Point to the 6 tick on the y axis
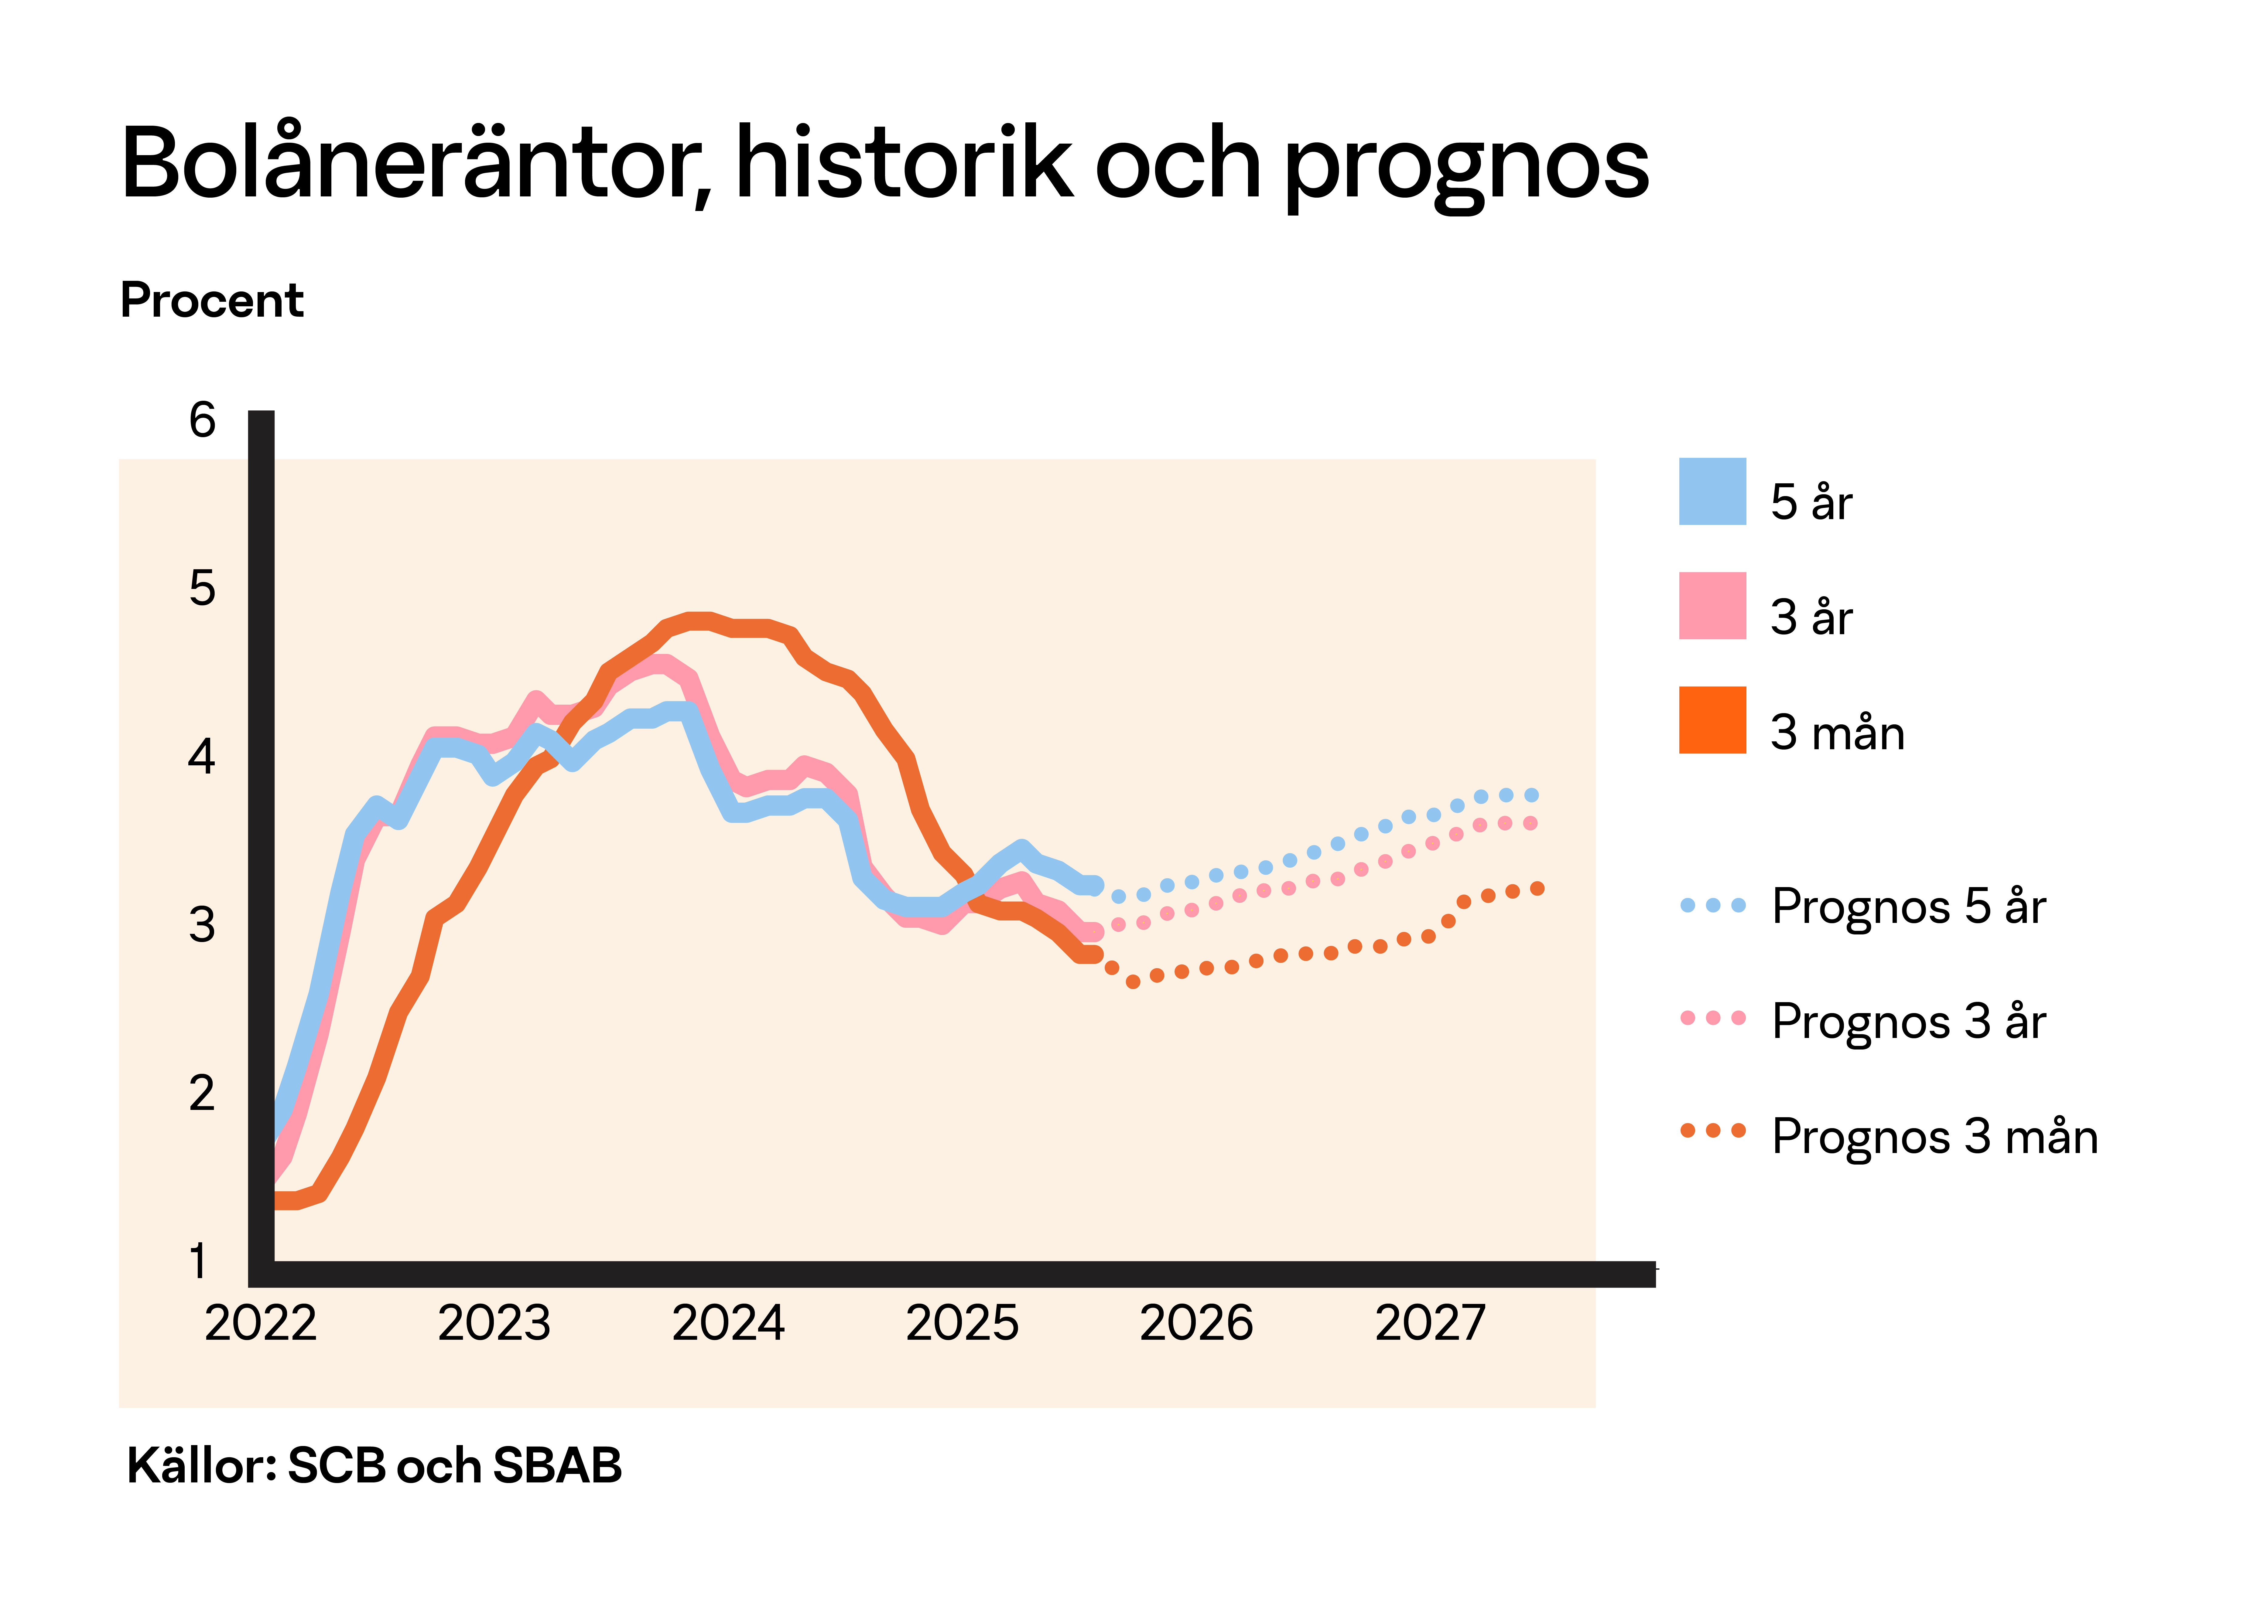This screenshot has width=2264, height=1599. pos(202,421)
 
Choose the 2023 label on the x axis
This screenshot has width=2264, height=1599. pos(494,1323)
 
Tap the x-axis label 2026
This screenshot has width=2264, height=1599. pos(1196,1323)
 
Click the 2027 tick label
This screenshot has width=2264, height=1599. pos(1430,1323)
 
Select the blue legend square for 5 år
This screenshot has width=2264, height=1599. pos(1713,491)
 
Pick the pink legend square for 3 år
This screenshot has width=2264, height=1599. pos(1713,605)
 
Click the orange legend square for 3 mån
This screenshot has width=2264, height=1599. pos(1713,720)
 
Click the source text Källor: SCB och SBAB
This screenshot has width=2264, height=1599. pos(375,1466)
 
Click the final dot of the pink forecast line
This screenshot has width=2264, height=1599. pos(1530,823)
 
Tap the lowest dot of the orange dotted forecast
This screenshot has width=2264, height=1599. pos(1133,982)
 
